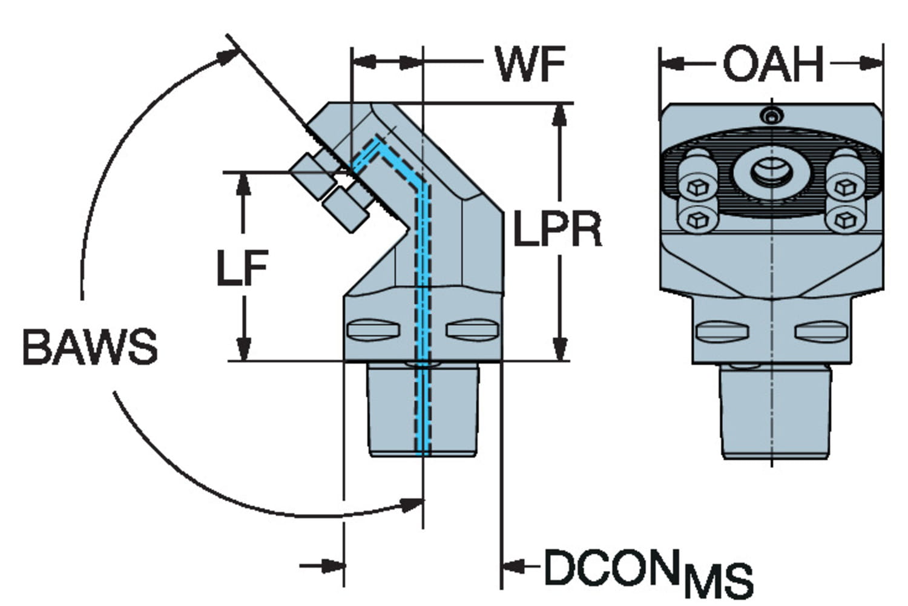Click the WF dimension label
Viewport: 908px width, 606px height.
[x=530, y=64]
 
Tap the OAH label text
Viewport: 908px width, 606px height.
[x=773, y=64]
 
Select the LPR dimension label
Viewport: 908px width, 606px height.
[x=558, y=229]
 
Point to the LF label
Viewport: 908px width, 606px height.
[x=242, y=268]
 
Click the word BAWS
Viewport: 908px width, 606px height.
[x=90, y=346]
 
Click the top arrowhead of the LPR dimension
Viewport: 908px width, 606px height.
[x=559, y=115]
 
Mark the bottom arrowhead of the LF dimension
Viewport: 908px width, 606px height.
[x=243, y=349]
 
